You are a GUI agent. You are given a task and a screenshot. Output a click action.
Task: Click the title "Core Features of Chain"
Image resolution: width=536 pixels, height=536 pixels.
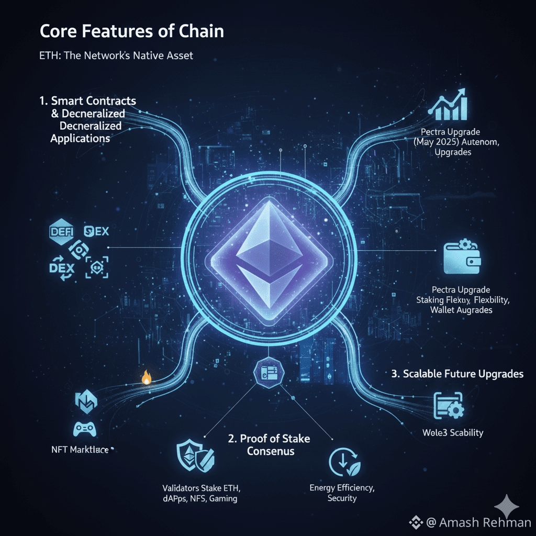[131, 31]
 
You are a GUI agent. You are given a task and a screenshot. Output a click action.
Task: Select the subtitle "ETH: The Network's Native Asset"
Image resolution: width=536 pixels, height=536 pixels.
[116, 55]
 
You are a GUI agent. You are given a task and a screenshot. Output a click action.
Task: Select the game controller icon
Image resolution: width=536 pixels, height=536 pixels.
[84, 429]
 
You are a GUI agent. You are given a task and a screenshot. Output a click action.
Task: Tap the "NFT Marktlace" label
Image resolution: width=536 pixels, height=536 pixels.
[77, 450]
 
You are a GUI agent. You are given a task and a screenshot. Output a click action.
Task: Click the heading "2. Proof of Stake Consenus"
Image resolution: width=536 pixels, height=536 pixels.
[269, 445]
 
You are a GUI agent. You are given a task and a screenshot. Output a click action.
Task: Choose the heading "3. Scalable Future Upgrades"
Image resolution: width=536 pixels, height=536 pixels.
[457, 374]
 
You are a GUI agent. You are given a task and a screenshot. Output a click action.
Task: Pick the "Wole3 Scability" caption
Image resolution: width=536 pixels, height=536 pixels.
[453, 433]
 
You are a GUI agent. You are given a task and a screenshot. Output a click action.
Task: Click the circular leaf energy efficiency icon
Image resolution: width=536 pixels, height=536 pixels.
[343, 462]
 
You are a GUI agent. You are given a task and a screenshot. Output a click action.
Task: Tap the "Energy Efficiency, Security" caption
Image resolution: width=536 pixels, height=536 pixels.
[342, 493]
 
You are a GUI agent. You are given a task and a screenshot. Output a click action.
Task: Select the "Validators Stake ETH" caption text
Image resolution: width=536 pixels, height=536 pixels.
[201, 488]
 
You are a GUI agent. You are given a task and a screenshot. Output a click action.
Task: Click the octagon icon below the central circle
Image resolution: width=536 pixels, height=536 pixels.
[268, 373]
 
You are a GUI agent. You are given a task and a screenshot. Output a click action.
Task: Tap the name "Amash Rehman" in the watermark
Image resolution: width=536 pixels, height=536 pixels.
[485, 522]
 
